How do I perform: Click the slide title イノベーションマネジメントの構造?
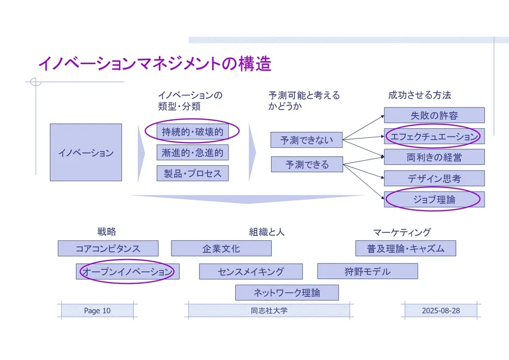tap(155, 64)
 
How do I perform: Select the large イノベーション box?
tap(86, 152)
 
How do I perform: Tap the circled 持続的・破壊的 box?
tap(192, 131)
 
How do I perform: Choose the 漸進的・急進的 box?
tap(192, 152)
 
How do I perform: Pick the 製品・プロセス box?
tap(192, 173)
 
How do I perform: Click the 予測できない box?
tap(307, 140)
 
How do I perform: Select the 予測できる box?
tap(307, 164)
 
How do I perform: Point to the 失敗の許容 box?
tap(434, 115)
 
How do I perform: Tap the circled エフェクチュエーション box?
tap(434, 136)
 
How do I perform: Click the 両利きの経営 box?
tap(434, 157)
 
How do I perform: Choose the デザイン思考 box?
tap(434, 178)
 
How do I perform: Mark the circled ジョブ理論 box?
tap(434, 200)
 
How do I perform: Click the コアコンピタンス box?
tap(108, 248)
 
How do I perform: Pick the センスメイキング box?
tap(250, 271)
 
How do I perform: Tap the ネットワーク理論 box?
tap(287, 292)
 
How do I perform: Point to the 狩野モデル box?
tap(367, 271)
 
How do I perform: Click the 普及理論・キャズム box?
tap(405, 248)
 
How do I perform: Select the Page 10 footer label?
tap(97, 311)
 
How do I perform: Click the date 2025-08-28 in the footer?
tap(441, 311)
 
